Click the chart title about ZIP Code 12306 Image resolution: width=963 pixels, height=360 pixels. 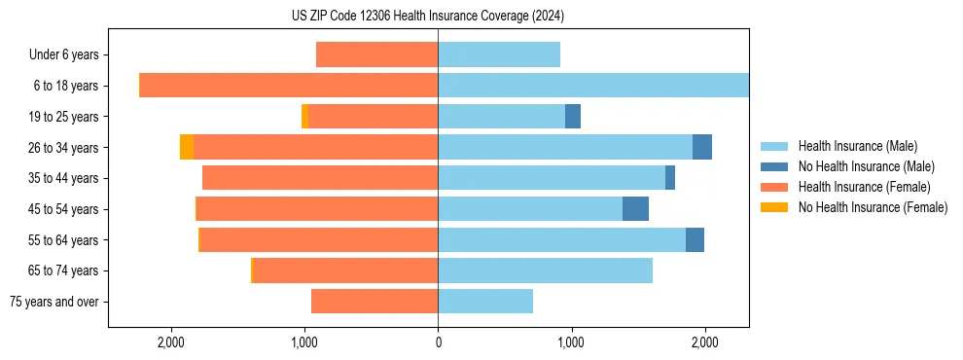tap(428, 16)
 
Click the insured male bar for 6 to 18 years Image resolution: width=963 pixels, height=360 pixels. tap(593, 86)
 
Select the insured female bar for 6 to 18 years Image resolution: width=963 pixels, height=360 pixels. tap(289, 86)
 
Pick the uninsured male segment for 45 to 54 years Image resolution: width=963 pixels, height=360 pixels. tap(635, 209)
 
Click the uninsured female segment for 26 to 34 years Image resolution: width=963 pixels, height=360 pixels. tap(187, 147)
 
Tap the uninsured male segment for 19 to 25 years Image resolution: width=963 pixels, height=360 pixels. tap(573, 117)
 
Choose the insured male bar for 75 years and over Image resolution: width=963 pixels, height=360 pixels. tap(485, 302)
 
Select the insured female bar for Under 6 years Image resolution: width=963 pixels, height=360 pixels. tap(377, 55)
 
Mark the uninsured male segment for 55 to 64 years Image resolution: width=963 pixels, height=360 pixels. tap(695, 240)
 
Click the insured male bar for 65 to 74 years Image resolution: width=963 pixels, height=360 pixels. tap(545, 270)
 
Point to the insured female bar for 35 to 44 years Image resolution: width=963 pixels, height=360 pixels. tap(320, 178)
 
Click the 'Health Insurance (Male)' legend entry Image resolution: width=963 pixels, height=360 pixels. tap(857, 146)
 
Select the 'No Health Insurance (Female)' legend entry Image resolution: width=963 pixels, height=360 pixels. tap(873, 207)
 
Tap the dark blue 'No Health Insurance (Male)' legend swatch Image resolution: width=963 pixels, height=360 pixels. tap(774, 166)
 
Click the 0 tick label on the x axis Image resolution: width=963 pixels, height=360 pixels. tap(438, 342)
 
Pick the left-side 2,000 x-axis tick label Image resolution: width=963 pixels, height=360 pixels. tap(171, 342)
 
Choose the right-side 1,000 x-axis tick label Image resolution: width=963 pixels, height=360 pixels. tap(571, 342)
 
